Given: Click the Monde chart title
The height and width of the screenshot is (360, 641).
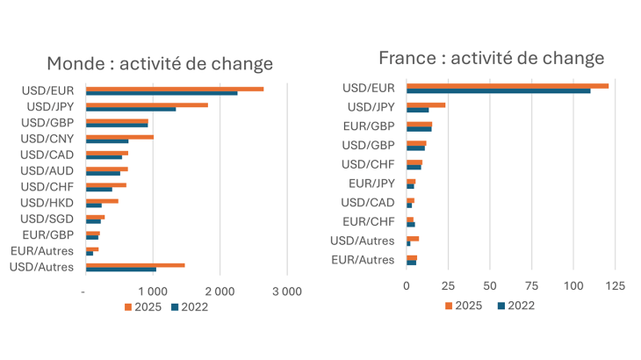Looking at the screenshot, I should pyautogui.click(x=159, y=64).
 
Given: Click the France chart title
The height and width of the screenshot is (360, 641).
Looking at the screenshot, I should pyautogui.click(x=491, y=58).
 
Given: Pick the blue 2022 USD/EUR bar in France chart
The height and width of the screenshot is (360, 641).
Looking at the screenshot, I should pyautogui.click(x=498, y=90).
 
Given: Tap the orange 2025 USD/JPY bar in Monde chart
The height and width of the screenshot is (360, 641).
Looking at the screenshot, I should pyautogui.click(x=147, y=104).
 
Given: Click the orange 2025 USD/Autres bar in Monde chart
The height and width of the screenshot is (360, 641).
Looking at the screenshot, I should pyautogui.click(x=135, y=264).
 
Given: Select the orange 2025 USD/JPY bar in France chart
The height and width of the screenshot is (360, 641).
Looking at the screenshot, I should pyautogui.click(x=426, y=104).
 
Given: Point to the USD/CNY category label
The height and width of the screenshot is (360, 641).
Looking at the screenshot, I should pyautogui.click(x=47, y=139).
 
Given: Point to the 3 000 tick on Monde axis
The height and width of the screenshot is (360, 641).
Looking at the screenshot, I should pyautogui.click(x=286, y=292).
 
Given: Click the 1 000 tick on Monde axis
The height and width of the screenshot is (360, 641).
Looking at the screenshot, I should pyautogui.click(x=153, y=292).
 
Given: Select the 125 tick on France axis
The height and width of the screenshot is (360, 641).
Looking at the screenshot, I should pyautogui.click(x=615, y=286).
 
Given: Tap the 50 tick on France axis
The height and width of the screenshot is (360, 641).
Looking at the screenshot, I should pyautogui.click(x=489, y=286).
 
